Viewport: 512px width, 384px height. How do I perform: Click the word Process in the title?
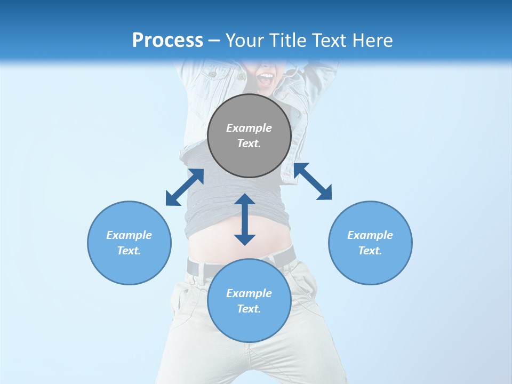click(167, 41)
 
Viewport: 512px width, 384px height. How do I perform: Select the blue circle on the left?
click(129, 267)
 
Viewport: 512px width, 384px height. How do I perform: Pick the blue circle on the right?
click(370, 267)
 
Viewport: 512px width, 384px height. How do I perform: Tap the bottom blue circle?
click(249, 325)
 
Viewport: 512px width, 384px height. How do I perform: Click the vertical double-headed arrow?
click(245, 219)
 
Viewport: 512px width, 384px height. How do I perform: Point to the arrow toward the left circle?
click(185, 187)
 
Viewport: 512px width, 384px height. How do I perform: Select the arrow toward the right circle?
click(313, 181)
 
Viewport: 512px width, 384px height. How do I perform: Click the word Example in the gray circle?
click(249, 128)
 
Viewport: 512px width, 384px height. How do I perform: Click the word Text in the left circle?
click(129, 251)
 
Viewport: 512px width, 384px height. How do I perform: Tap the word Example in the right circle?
click(370, 235)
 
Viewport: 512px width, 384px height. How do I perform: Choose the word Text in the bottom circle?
click(249, 309)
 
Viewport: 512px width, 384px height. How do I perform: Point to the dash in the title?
click(214, 41)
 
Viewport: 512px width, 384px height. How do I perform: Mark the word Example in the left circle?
click(129, 235)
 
